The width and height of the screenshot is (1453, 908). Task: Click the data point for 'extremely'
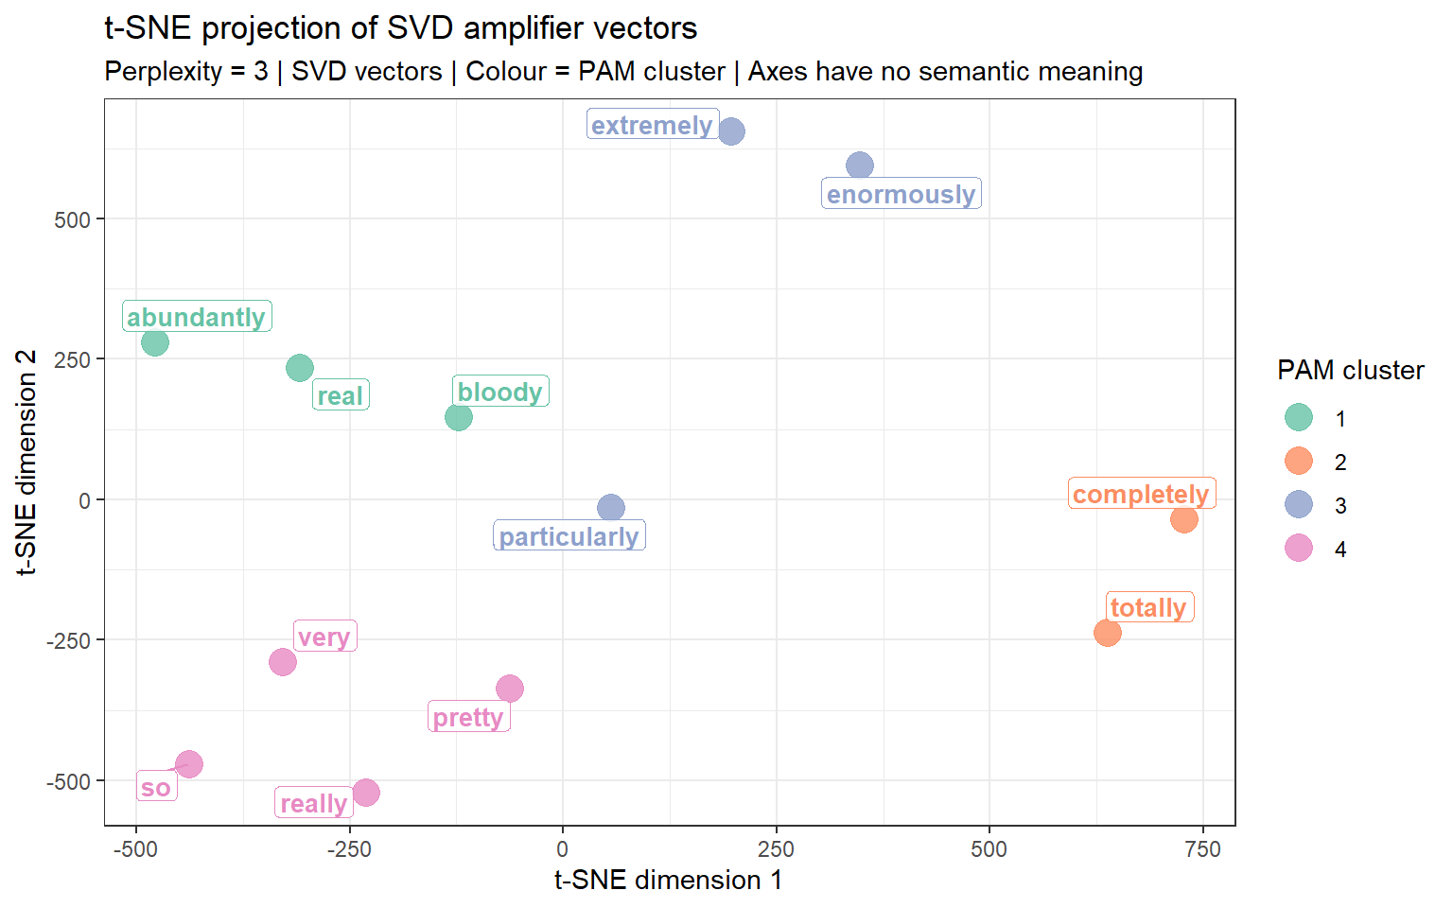click(731, 131)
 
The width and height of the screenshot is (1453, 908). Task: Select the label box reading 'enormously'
click(901, 194)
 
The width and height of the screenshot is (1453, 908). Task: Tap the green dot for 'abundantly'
click(155, 342)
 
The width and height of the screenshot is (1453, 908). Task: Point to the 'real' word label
click(341, 395)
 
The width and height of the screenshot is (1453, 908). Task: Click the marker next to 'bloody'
click(459, 417)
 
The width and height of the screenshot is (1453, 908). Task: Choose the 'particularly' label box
click(569, 536)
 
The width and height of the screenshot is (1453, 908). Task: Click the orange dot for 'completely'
click(1183, 519)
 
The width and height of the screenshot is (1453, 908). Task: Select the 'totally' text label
click(1148, 607)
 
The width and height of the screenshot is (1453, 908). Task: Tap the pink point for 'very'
click(283, 662)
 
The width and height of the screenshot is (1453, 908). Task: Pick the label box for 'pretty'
click(468, 717)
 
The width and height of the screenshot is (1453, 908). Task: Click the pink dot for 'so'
click(189, 764)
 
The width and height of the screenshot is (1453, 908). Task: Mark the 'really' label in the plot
click(314, 803)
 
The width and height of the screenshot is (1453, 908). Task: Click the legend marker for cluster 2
click(1299, 462)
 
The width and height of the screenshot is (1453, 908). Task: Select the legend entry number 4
click(1340, 550)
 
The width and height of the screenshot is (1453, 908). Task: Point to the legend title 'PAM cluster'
click(1350, 371)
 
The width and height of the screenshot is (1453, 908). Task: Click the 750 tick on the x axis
click(1202, 849)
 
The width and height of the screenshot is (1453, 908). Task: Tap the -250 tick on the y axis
click(69, 641)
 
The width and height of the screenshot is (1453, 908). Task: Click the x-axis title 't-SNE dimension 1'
click(668, 881)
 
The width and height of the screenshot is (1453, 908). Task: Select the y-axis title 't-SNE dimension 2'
click(26, 463)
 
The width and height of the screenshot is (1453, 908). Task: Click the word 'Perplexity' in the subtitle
click(163, 72)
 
